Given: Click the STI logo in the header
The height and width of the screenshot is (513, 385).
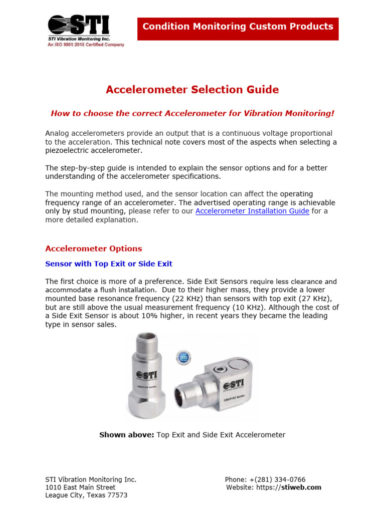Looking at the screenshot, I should [x=78, y=26].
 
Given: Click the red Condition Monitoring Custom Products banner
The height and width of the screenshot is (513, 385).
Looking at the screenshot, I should [x=238, y=27].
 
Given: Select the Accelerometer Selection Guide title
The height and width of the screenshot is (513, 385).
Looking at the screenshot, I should [x=192, y=90].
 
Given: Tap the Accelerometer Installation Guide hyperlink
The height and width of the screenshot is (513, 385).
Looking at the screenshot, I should [x=252, y=211].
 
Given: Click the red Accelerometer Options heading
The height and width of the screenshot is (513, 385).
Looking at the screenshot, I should [x=94, y=248].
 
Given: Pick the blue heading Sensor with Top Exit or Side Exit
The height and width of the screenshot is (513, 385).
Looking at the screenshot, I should [x=109, y=264].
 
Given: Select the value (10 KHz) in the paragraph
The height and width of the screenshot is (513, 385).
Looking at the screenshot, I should [x=257, y=307].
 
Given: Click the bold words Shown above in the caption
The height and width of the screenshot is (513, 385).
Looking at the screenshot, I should [x=127, y=435].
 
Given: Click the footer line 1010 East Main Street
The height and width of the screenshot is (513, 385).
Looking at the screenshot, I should [x=80, y=487].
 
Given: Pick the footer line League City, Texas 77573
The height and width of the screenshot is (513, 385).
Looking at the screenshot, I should [x=86, y=495].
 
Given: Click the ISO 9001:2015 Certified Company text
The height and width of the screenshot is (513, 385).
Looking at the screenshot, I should [x=86, y=45].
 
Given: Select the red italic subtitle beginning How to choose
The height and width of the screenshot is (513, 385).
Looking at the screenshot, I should [x=192, y=113].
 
